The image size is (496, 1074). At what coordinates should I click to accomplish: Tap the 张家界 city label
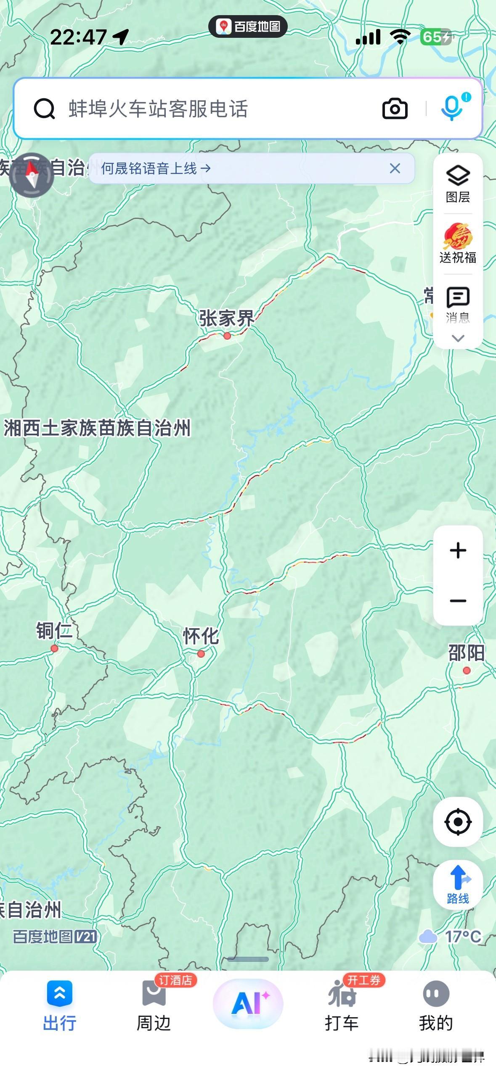pyautogui.click(x=227, y=318)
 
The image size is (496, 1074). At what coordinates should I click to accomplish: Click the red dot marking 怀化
pyautogui.click(x=201, y=653)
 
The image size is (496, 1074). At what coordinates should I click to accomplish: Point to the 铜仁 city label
pyautogui.click(x=54, y=631)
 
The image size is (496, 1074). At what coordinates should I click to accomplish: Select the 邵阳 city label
pyautogui.click(x=466, y=653)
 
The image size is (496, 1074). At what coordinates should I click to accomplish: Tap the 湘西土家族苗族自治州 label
pyautogui.click(x=97, y=428)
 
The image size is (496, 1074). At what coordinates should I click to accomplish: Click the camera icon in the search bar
pyautogui.click(x=395, y=109)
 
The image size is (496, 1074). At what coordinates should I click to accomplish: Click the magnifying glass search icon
pyautogui.click(x=44, y=109)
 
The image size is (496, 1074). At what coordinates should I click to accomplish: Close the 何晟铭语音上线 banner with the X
pyautogui.click(x=395, y=168)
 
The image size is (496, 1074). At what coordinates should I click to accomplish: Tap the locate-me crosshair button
pyautogui.click(x=458, y=821)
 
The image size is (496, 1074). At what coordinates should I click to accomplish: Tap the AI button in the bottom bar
pyautogui.click(x=248, y=1003)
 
